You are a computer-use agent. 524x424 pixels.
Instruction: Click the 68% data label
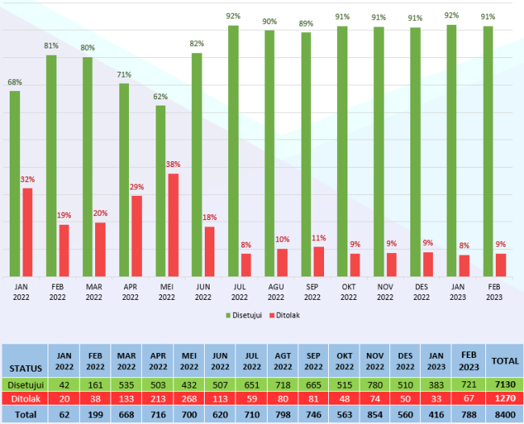click(x=15, y=82)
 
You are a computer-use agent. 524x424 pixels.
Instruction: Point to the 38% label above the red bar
click(x=173, y=164)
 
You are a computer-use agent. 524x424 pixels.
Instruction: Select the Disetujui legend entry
click(x=244, y=314)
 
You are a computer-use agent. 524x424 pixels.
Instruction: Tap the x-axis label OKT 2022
click(x=348, y=291)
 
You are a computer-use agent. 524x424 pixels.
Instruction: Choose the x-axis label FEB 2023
click(x=494, y=291)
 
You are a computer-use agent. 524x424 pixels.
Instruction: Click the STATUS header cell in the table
click(x=26, y=368)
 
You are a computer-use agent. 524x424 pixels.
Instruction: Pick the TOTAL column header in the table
click(x=505, y=361)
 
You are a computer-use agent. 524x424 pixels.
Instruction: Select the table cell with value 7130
click(x=505, y=385)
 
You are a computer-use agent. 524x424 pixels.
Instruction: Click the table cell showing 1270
click(x=505, y=400)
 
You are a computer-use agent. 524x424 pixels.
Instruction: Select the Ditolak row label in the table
click(x=26, y=400)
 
